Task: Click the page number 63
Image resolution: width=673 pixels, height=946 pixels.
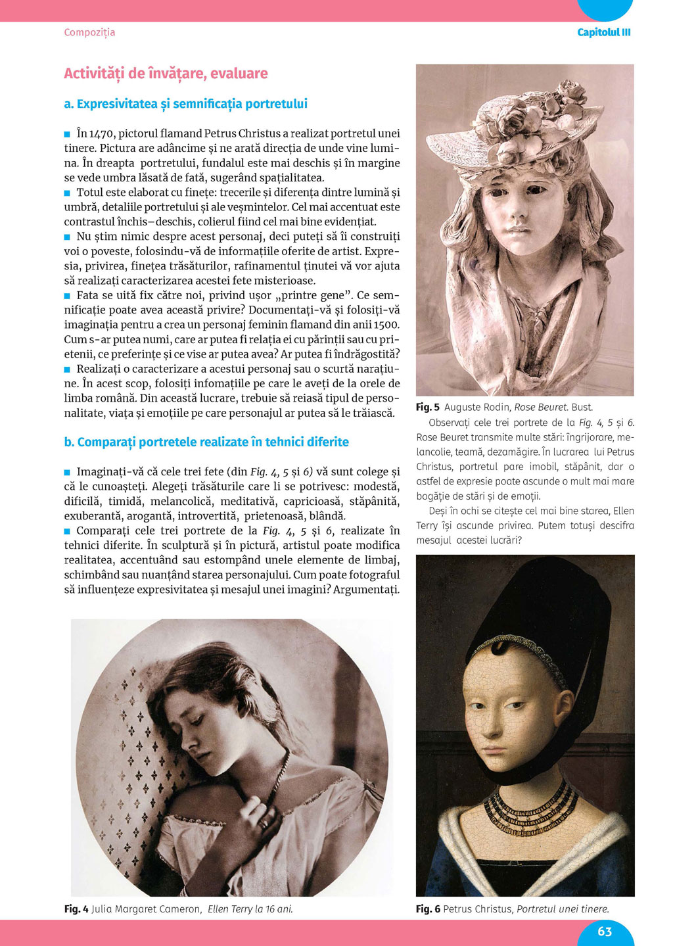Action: [x=605, y=931]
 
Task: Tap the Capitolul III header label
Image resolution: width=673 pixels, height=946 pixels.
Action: [x=603, y=32]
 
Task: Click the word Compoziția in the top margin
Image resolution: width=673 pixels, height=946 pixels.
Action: [x=89, y=32]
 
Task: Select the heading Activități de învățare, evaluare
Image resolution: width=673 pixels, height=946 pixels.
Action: [x=166, y=74]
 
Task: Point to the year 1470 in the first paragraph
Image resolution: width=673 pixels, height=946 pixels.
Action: [x=102, y=133]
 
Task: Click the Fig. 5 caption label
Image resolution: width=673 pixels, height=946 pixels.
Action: [x=428, y=408]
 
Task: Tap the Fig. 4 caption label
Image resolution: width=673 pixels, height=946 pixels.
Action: [x=76, y=909]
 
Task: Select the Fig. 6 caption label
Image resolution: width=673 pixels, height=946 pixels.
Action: [x=428, y=909]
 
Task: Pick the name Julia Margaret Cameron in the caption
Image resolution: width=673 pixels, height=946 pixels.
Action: [x=146, y=909]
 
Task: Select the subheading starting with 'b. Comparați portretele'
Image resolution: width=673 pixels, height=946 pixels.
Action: [x=206, y=442]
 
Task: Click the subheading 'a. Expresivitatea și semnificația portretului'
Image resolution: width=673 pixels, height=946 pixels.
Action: [x=185, y=104]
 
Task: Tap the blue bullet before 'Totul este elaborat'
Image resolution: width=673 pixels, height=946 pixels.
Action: [x=67, y=193]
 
